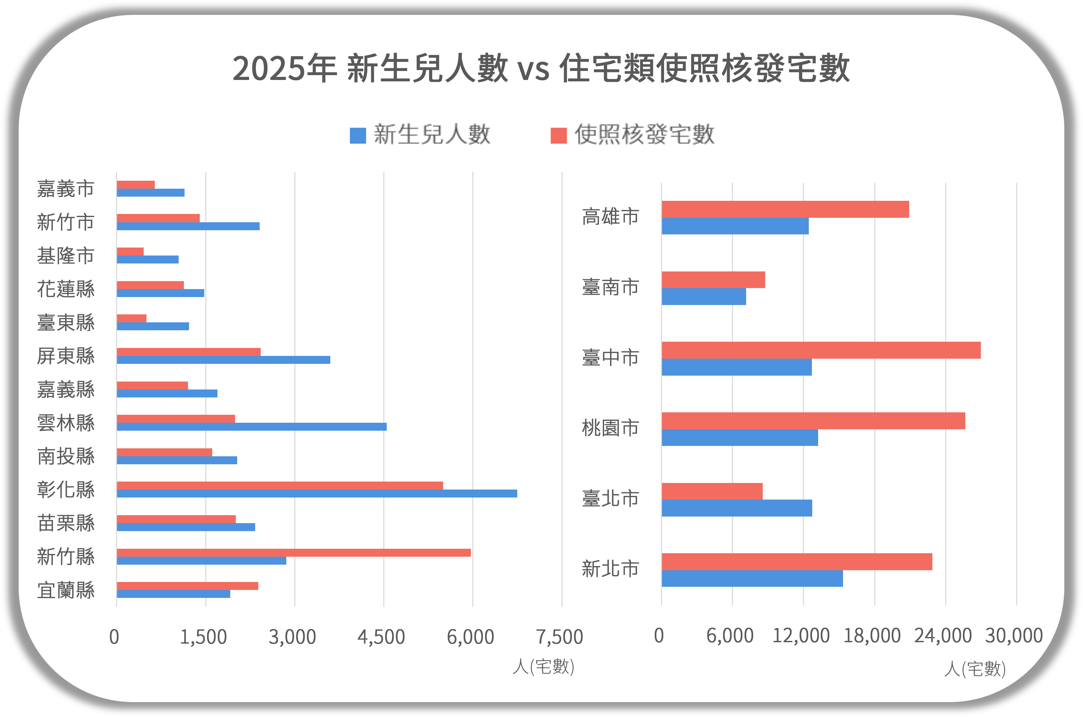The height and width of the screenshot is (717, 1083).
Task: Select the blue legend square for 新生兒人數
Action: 358,135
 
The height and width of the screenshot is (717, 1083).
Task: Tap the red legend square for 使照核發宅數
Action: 559,135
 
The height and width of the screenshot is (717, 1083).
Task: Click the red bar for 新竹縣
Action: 294,553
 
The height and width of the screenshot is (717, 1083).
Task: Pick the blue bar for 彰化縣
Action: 316,493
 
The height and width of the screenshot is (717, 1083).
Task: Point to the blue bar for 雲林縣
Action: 251,427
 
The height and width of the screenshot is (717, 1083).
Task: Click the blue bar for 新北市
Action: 752,579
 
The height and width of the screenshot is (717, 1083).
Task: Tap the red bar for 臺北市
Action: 712,491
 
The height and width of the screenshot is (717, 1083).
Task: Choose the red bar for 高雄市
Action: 785,209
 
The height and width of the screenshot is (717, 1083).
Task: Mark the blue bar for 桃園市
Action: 740,438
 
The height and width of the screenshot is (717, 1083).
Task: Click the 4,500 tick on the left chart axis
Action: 381,637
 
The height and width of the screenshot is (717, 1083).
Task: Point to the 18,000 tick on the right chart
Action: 872,636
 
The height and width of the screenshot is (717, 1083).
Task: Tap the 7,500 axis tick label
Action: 560,637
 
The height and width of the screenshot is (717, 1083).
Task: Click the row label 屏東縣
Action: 66,356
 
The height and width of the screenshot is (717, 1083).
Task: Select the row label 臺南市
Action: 610,287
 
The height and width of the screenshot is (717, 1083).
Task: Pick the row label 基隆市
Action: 66,256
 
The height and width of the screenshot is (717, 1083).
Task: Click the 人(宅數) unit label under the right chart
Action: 975,669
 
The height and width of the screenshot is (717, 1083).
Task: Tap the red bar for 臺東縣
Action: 132,318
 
